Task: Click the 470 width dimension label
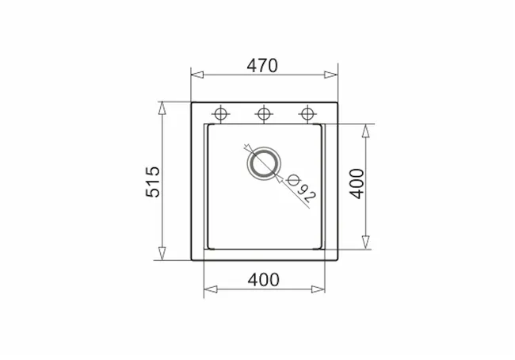pyautogui.click(x=262, y=66)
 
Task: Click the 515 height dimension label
pyautogui.click(x=153, y=182)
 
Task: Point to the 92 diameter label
pyautogui.click(x=307, y=193)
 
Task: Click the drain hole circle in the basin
pyautogui.click(x=264, y=163)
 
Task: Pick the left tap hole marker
pyautogui.click(x=220, y=114)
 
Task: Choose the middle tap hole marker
pyautogui.click(x=264, y=114)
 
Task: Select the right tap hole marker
pyautogui.click(x=307, y=114)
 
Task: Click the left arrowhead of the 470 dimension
pyautogui.click(x=197, y=75)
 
